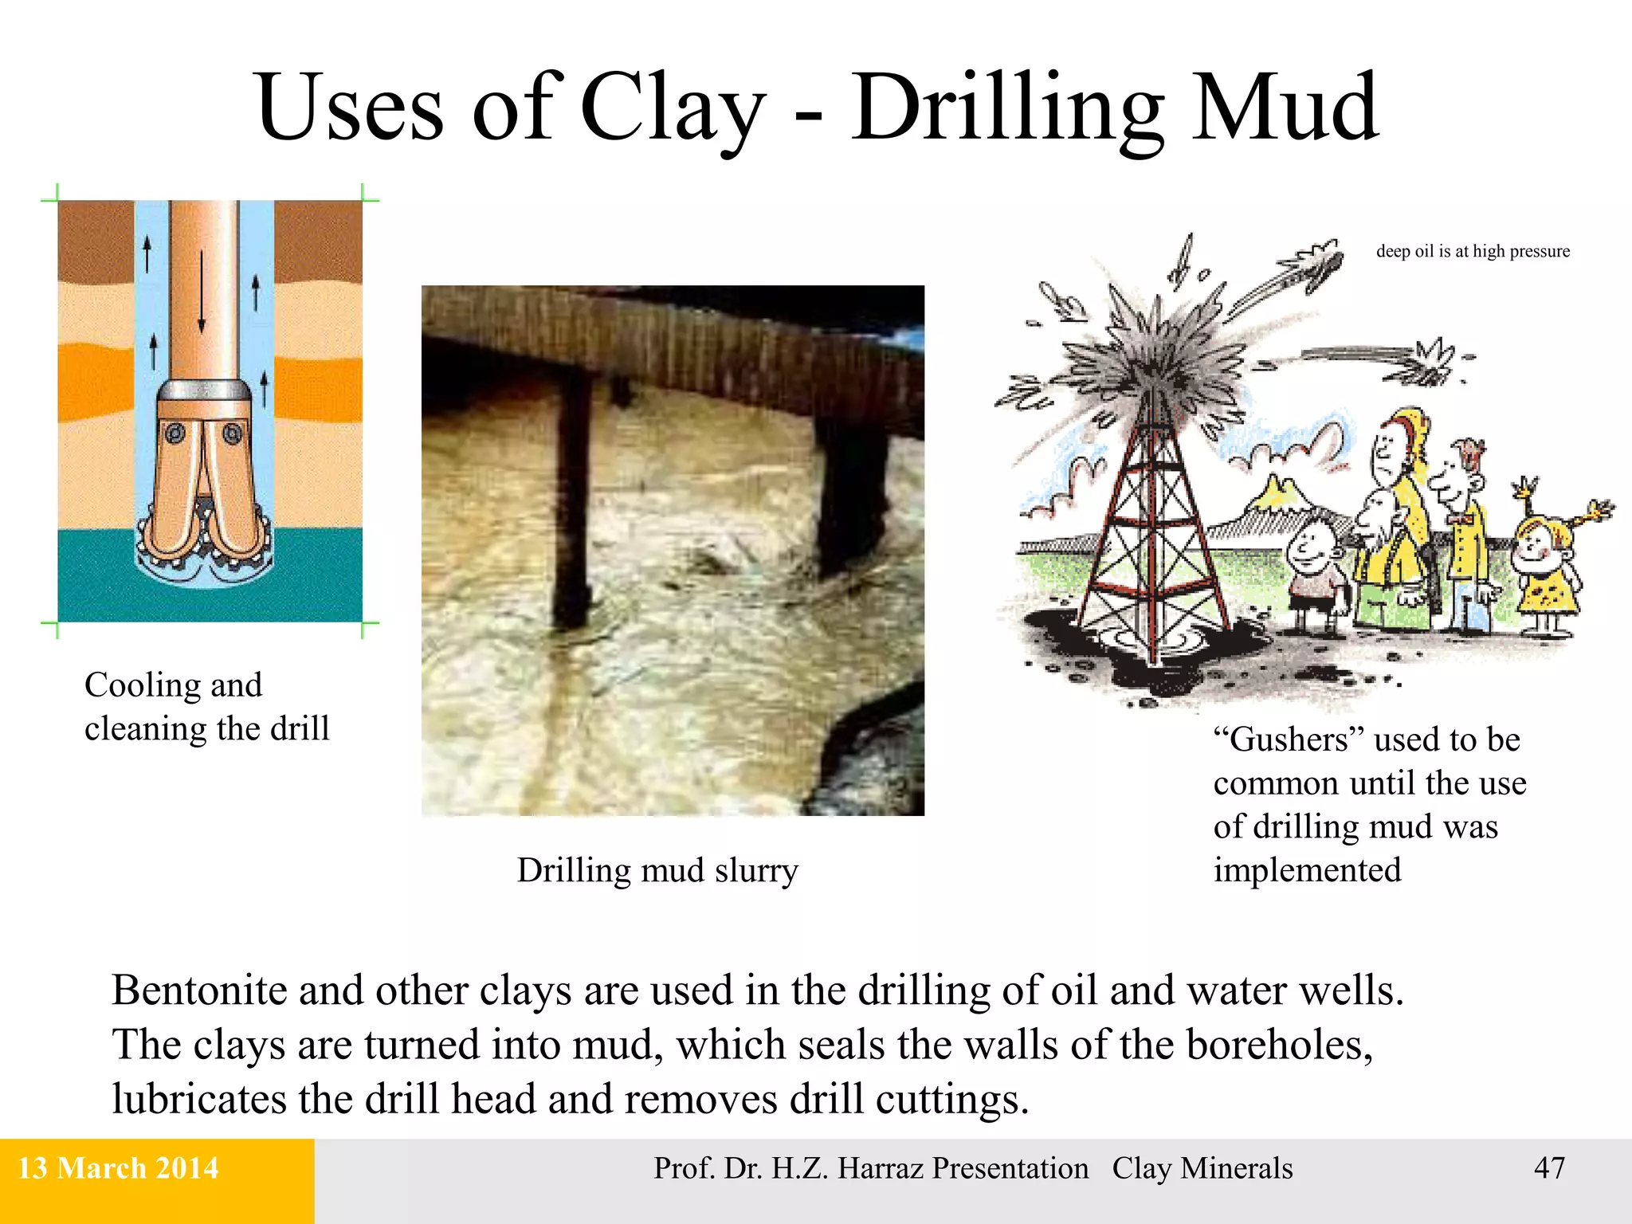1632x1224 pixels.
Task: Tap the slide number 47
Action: (x=1549, y=1168)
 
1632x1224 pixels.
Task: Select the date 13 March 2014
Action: (x=118, y=1168)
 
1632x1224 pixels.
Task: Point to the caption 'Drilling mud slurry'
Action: (x=657, y=870)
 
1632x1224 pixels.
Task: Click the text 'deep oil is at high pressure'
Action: (x=1473, y=251)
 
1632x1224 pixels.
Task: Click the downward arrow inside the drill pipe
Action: (x=202, y=291)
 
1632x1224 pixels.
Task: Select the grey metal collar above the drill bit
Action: (x=204, y=390)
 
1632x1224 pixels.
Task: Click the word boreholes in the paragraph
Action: (x=1279, y=1045)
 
